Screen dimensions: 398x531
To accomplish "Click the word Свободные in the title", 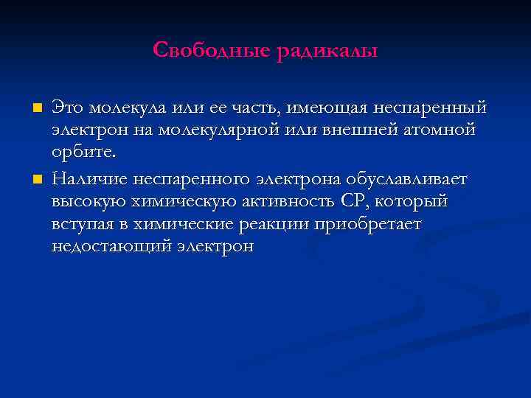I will click(x=212, y=51).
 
